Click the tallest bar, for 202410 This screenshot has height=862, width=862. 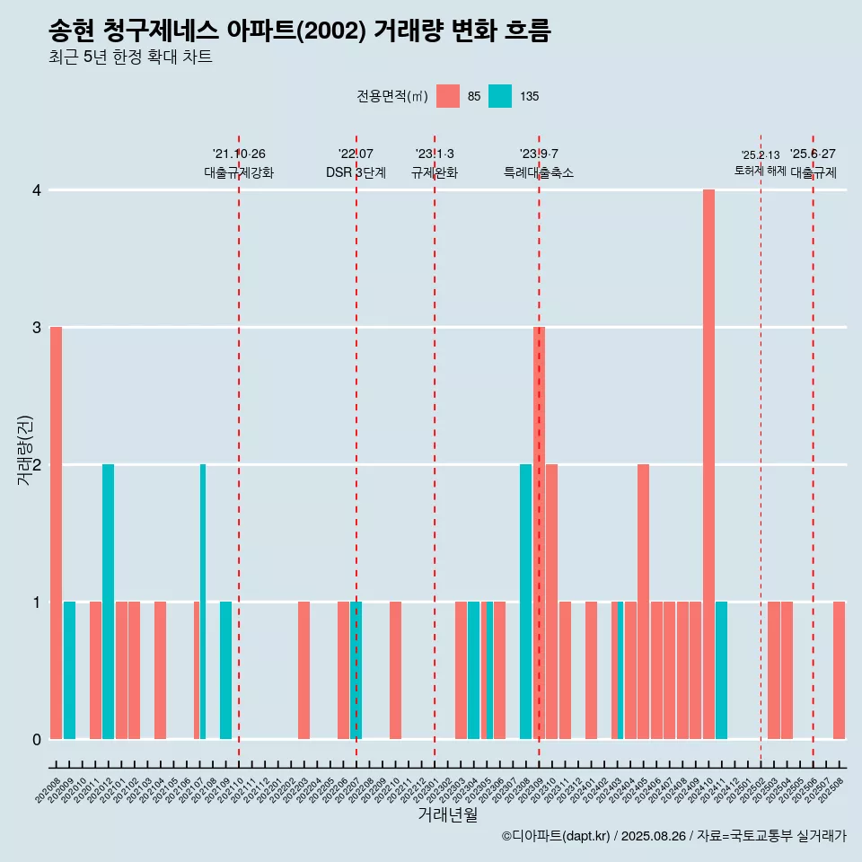708,464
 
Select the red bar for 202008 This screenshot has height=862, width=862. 56,532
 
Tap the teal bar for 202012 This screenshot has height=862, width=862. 108,602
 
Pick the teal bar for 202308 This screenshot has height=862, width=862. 525,602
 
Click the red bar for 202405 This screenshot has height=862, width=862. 643,602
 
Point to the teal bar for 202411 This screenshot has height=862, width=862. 721,670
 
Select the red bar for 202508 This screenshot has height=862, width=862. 839,670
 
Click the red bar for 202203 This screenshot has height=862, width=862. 303,670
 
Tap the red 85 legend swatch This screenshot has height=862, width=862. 447,96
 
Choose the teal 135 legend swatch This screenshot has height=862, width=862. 500,96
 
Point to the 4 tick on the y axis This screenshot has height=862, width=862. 37,190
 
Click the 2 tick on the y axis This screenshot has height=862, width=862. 37,465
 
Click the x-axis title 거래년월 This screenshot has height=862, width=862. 447,814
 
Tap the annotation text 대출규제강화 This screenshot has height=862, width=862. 239,172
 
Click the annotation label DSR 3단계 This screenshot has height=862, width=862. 356,172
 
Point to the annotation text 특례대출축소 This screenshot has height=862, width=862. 539,172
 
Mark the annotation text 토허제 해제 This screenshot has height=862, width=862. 760,171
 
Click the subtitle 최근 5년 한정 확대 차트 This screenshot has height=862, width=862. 131,57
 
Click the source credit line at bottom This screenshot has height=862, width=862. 673,837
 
